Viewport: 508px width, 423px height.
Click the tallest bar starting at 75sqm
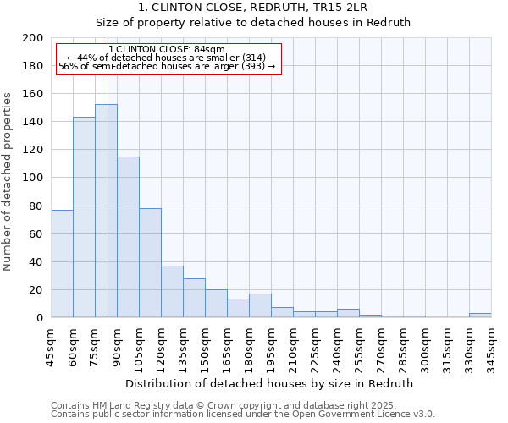click(x=106, y=211)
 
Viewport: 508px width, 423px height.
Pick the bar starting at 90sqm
click(x=128, y=237)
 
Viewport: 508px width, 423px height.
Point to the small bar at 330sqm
click(x=480, y=315)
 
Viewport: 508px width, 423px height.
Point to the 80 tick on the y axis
click(x=36, y=206)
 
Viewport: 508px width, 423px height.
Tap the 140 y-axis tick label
click(x=33, y=122)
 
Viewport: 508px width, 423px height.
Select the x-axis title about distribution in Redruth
click(x=271, y=383)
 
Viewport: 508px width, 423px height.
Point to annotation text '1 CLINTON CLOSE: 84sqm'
click(x=168, y=50)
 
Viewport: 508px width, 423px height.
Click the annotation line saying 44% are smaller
click(x=167, y=58)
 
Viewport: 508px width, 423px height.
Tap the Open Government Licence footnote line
click(x=243, y=415)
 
